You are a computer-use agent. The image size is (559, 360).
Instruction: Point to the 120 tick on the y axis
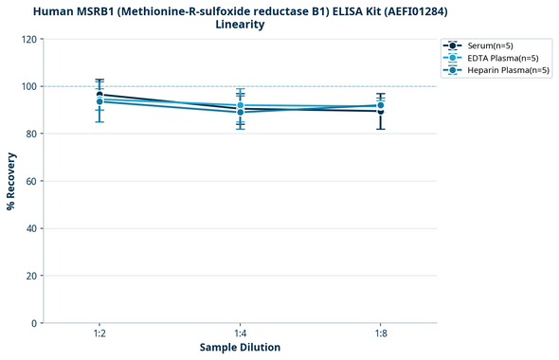click(x=31, y=39)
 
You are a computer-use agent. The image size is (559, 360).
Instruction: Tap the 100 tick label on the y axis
click(x=31, y=86)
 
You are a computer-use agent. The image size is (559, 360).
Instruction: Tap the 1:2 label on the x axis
click(x=99, y=333)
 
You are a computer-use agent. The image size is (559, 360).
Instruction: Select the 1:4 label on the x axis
click(x=241, y=333)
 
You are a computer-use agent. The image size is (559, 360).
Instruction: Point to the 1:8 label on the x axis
click(x=381, y=333)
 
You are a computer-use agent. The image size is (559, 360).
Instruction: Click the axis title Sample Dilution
click(x=240, y=348)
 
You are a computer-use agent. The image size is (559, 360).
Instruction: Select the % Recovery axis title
click(x=11, y=181)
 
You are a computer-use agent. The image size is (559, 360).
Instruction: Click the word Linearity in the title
click(x=240, y=25)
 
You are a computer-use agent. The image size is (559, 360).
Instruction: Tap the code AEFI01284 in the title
click(x=414, y=10)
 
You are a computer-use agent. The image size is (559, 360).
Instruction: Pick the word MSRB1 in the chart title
click(x=88, y=10)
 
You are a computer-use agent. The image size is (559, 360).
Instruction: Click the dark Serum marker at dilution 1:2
click(x=99, y=95)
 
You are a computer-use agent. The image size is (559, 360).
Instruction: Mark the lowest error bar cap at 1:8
click(x=381, y=129)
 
